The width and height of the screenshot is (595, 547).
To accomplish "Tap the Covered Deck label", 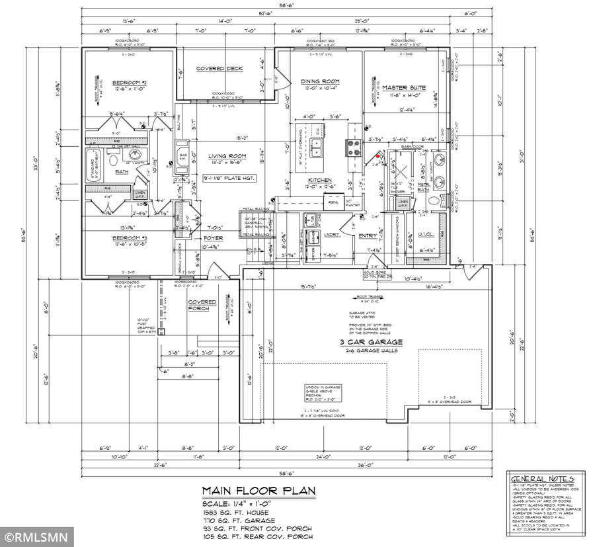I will click(x=219, y=69).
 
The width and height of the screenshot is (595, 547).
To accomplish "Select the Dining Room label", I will click(x=319, y=81).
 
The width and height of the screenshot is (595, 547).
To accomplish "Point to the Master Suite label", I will click(x=403, y=87).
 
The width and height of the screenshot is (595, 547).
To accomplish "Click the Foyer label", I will click(x=213, y=237).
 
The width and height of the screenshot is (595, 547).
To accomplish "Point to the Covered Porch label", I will click(x=202, y=306).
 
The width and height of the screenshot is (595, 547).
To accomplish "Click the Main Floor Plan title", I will click(x=258, y=491).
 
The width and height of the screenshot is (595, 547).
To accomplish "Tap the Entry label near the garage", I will click(x=368, y=235).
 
